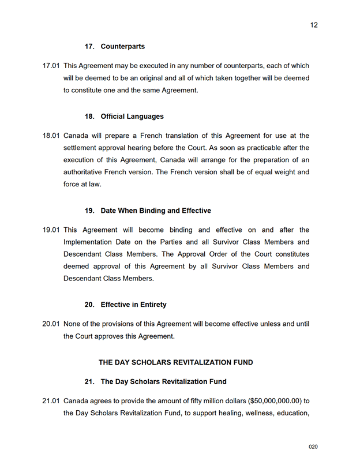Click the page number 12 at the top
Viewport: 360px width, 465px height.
(x=314, y=25)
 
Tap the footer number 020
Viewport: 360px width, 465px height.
(x=313, y=447)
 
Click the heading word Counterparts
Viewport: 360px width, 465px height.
(x=123, y=46)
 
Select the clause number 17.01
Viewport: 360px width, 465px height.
(x=51, y=66)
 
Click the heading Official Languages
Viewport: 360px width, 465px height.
(x=132, y=117)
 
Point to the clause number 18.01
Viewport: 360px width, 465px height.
(x=51, y=136)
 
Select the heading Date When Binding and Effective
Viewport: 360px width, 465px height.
(x=156, y=211)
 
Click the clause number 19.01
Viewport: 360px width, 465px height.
(x=51, y=230)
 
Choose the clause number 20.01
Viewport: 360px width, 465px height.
(x=51, y=324)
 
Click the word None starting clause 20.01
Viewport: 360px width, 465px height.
(x=73, y=324)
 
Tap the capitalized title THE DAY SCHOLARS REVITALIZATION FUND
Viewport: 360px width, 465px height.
(x=176, y=362)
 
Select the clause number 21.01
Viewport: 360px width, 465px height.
(x=51, y=401)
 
